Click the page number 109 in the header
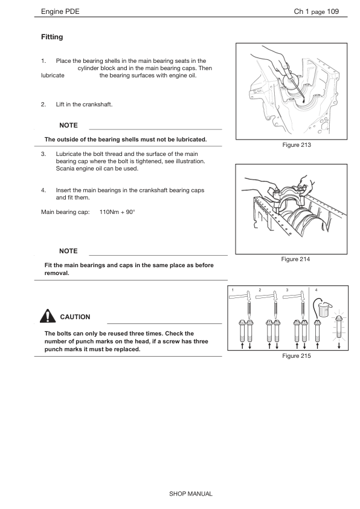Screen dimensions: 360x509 (x=333, y=11)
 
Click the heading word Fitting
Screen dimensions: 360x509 (x=52, y=37)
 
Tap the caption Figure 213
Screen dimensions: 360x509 (x=297, y=144)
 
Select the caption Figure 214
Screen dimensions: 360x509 (x=295, y=259)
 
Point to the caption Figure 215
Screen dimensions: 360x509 (x=297, y=356)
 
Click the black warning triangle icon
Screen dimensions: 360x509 (x=48, y=316)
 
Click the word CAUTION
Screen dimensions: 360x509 (x=76, y=317)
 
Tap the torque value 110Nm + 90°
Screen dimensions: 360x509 (x=117, y=212)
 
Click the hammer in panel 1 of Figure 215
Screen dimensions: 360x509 (x=240, y=296)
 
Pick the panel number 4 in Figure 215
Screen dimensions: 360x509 (x=317, y=290)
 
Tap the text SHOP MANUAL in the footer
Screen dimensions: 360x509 (x=191, y=494)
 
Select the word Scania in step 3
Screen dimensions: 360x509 (x=65, y=169)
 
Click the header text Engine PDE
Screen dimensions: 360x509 (x=60, y=11)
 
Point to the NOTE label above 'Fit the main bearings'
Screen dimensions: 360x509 (x=68, y=251)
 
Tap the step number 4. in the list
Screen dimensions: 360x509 (x=43, y=190)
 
